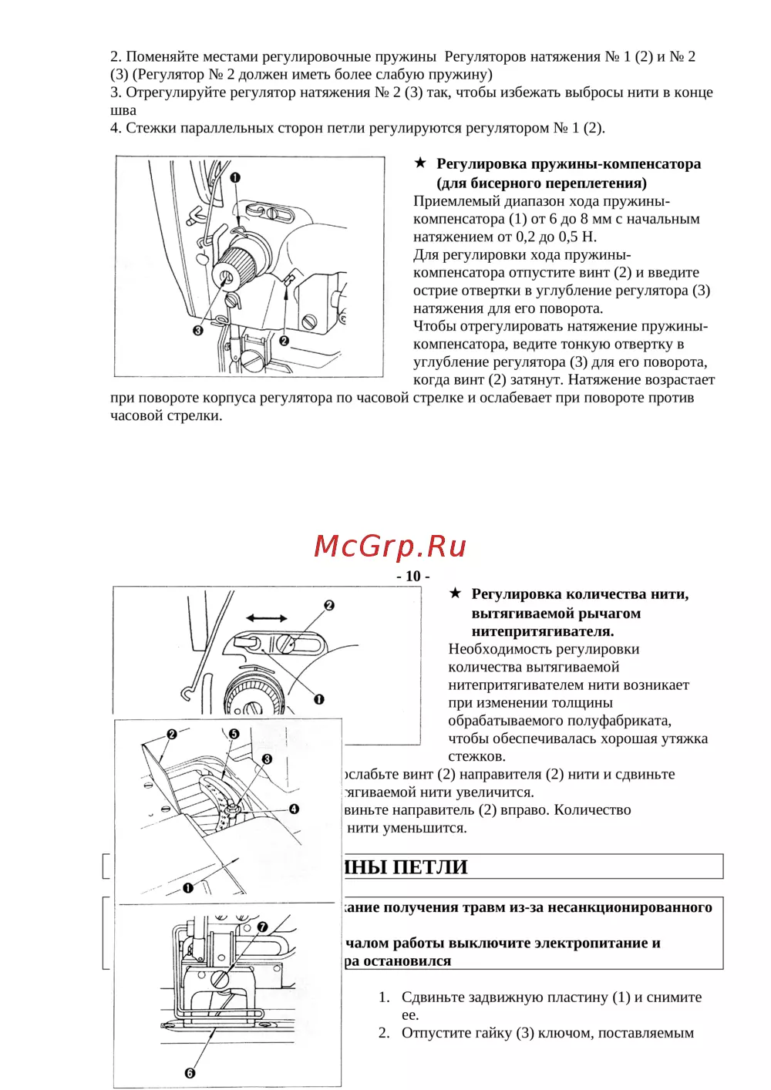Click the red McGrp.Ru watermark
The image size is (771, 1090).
pyautogui.click(x=390, y=546)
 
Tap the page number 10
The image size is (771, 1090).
pyautogui.click(x=413, y=576)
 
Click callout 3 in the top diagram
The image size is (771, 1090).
pyautogui.click(x=198, y=331)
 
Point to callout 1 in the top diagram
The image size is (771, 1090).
pyautogui.click(x=235, y=177)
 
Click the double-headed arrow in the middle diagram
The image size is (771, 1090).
pyautogui.click(x=267, y=618)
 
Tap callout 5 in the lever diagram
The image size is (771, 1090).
pyautogui.click(x=234, y=734)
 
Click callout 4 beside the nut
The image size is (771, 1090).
pyautogui.click(x=294, y=809)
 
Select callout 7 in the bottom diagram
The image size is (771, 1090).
pyautogui.click(x=262, y=927)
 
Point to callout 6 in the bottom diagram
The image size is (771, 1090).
pyautogui.click(x=190, y=1072)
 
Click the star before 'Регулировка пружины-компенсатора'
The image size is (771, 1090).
pyautogui.click(x=420, y=163)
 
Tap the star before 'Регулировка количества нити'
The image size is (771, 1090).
pyautogui.click(x=455, y=593)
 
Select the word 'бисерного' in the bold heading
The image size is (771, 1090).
pyautogui.click(x=506, y=183)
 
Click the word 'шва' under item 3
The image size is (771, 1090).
pyautogui.click(x=123, y=110)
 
